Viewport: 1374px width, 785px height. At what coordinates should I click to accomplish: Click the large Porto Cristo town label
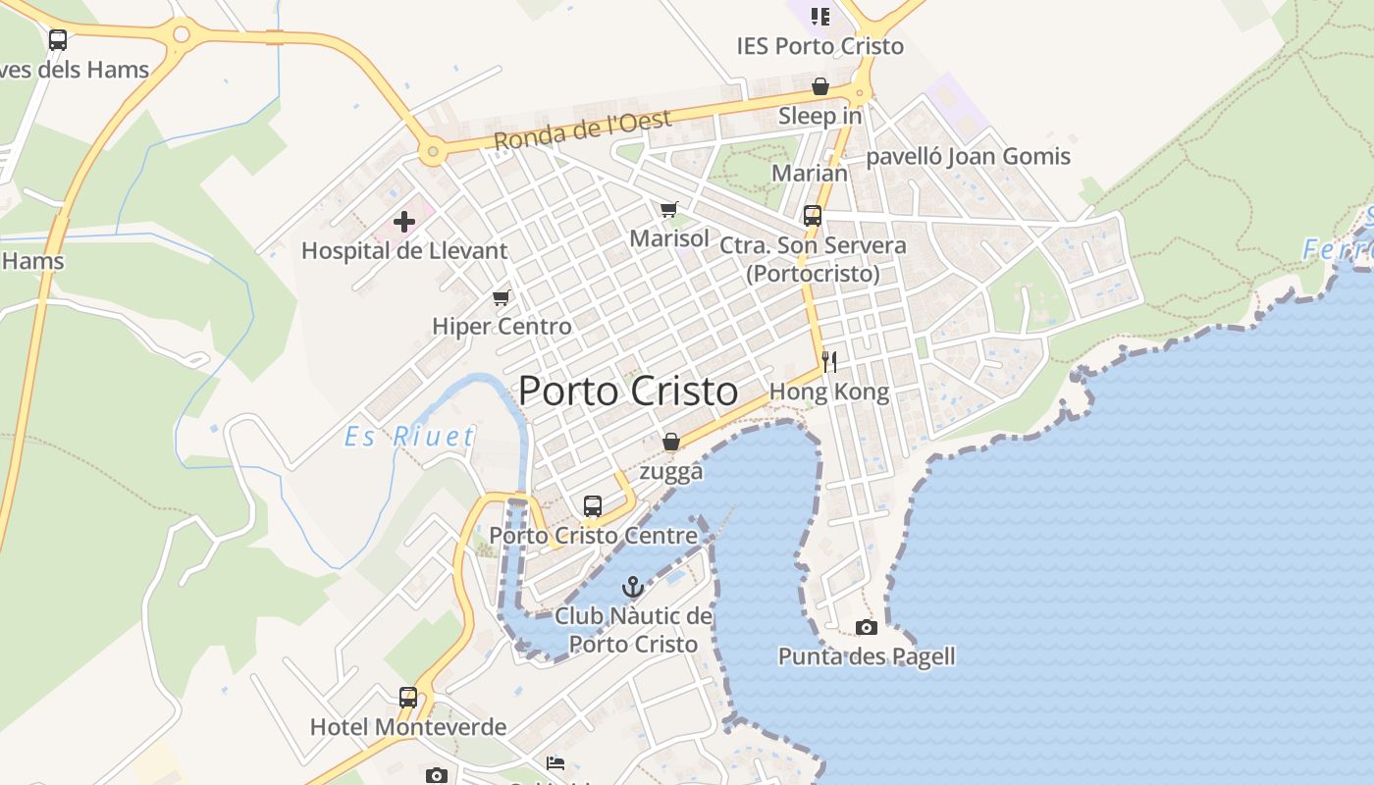coord(628,391)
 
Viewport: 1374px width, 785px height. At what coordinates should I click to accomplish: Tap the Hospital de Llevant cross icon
coord(404,222)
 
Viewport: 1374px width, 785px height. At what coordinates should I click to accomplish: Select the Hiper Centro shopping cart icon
coord(502,297)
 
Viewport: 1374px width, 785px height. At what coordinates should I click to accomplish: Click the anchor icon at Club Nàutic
coord(633,588)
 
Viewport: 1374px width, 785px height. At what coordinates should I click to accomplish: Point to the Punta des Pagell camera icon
coord(866,627)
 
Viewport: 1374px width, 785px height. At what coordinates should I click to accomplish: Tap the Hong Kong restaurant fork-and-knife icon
coord(829,362)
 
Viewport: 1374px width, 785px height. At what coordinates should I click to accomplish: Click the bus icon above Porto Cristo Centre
coord(593,506)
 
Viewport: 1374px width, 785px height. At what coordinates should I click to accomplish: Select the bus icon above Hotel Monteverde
coord(408,698)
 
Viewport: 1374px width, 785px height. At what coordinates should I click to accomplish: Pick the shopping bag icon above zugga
coord(671,443)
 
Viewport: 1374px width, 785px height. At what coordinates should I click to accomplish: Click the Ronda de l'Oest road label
coord(582,131)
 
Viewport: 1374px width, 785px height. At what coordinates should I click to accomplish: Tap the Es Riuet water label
coord(409,437)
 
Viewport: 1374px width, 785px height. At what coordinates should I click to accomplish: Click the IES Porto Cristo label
coord(819,46)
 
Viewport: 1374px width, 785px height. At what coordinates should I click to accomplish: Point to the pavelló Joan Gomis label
coord(968,156)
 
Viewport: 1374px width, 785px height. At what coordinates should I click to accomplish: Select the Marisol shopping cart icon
coord(669,209)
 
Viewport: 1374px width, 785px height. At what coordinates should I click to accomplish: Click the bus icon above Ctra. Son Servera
coord(813,216)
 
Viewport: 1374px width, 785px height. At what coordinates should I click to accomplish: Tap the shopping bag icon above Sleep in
coord(820,87)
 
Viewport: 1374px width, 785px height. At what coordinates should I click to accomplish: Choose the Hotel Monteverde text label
coord(408,727)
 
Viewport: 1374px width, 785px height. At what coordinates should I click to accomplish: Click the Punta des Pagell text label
coord(867,656)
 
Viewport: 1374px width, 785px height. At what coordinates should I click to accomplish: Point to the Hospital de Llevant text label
coord(404,250)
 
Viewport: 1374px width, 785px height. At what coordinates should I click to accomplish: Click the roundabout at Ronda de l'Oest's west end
coord(431,152)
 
